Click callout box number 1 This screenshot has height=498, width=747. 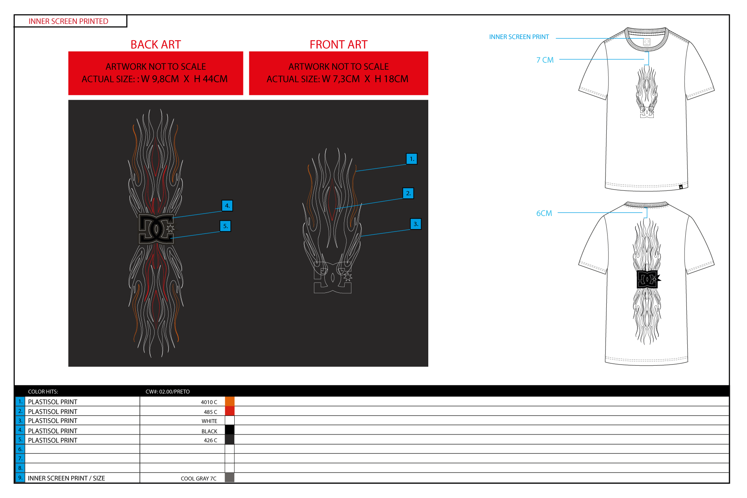tap(412, 159)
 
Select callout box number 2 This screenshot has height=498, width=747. tap(408, 193)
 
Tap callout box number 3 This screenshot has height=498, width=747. tap(416, 224)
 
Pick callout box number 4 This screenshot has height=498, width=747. tap(227, 206)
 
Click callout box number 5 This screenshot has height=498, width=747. tap(225, 226)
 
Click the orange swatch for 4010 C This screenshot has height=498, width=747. tap(230, 402)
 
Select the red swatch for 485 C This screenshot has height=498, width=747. tap(230, 411)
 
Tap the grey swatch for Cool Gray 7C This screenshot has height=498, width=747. tap(229, 478)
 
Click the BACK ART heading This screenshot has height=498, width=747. tap(156, 45)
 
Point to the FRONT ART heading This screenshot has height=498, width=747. tap(339, 45)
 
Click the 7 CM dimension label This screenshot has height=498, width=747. tap(545, 60)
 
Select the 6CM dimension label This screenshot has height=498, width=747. tap(544, 213)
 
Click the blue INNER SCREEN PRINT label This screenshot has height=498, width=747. tap(519, 37)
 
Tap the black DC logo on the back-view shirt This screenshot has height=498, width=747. tap(648, 279)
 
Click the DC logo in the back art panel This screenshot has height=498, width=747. tap(157, 229)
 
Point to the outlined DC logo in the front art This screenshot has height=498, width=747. tap(333, 278)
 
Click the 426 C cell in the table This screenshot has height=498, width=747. tap(210, 440)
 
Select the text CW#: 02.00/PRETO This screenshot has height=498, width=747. tap(168, 392)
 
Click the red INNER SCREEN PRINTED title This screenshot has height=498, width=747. tap(69, 22)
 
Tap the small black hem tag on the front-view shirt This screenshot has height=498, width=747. tap(681, 187)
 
